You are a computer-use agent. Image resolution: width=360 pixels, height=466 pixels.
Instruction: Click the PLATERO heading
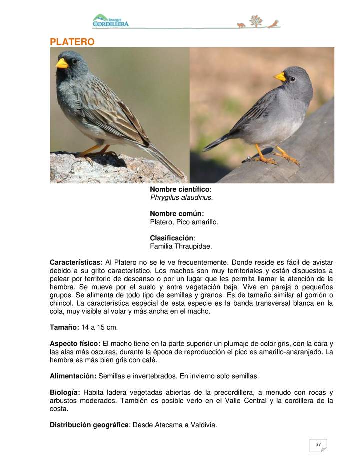(72, 42)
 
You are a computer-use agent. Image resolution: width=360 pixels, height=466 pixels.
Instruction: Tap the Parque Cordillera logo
(110, 21)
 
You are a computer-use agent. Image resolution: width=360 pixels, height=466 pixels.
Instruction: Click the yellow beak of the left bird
(62, 64)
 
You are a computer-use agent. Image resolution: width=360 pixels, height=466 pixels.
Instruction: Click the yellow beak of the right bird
(280, 77)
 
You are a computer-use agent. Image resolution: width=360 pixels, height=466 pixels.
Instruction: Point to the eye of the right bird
(292, 79)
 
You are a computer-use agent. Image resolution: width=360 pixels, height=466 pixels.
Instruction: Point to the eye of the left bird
(74, 61)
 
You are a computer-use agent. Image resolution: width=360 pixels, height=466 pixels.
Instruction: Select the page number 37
(318, 444)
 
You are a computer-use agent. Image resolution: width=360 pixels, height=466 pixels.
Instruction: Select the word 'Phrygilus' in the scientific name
(165, 197)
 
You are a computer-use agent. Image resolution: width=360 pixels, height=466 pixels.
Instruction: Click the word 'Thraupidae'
(194, 246)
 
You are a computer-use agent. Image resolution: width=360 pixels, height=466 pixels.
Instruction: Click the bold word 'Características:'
(76, 262)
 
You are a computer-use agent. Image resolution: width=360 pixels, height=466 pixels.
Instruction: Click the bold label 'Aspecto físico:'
(75, 344)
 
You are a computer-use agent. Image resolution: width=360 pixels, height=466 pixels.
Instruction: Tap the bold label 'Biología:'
(65, 392)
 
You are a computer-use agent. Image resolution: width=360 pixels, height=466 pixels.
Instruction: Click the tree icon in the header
(255, 21)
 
